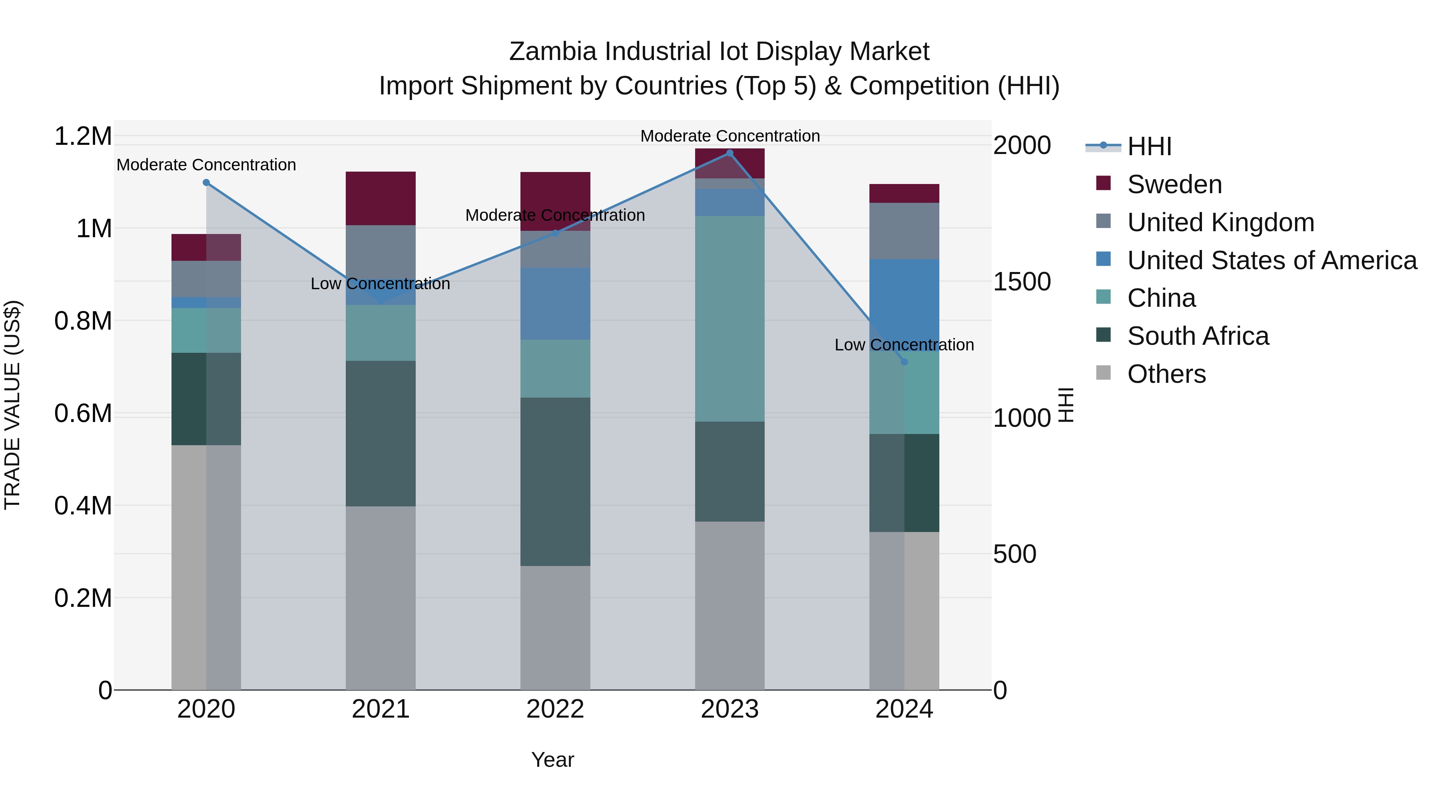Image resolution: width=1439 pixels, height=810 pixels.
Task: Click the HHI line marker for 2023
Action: click(x=729, y=153)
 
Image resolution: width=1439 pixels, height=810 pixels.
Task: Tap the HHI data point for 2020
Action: click(x=206, y=183)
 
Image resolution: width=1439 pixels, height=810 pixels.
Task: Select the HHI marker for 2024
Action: click(x=905, y=362)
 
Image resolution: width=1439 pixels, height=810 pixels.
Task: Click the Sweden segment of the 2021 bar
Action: click(x=381, y=198)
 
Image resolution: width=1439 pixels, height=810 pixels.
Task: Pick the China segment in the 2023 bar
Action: click(x=729, y=319)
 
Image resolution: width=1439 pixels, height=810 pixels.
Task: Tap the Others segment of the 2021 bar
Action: click(x=381, y=598)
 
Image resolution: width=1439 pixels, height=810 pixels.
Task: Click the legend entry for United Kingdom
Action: click(x=1221, y=222)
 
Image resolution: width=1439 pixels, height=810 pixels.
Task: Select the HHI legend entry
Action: click(x=1149, y=146)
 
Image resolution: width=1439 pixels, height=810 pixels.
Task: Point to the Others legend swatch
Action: click(x=1103, y=373)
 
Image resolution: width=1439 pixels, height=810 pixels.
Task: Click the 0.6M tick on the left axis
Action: click(x=83, y=414)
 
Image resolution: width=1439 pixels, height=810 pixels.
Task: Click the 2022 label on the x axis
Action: click(x=555, y=709)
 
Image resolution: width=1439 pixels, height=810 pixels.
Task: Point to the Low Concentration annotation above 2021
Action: click(x=381, y=284)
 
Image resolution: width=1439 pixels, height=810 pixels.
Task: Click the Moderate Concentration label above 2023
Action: click(x=729, y=136)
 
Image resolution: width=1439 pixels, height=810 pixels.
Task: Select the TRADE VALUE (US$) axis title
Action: click(x=12, y=405)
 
